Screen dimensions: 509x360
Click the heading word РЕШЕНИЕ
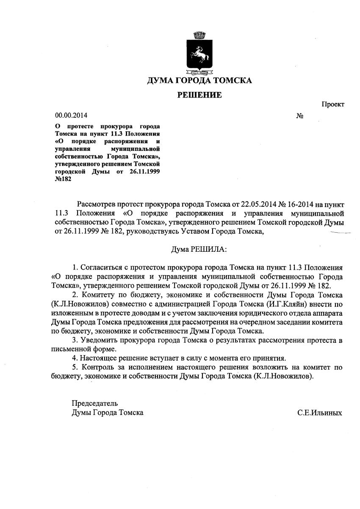pos(199,95)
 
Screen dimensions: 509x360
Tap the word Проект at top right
pos(332,104)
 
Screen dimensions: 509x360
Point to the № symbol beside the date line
pos(299,115)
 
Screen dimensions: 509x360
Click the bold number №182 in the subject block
pos(64,179)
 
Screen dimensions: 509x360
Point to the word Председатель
pos(95,403)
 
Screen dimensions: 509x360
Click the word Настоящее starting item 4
pos(102,358)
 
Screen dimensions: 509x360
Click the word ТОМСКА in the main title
pos(232,81)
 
